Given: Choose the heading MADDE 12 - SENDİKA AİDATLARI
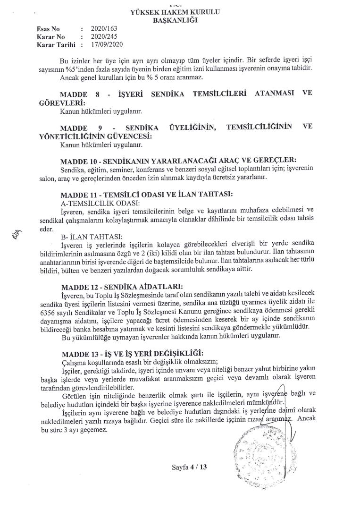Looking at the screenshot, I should click(x=123, y=286).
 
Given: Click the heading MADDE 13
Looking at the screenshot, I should click(x=77, y=354).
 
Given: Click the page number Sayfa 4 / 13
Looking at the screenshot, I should click(x=190, y=467).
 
